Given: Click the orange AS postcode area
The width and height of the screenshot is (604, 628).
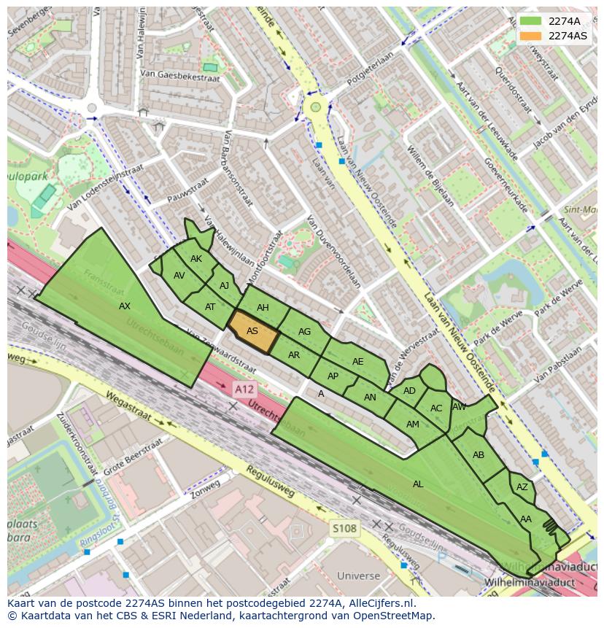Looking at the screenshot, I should click(x=253, y=331).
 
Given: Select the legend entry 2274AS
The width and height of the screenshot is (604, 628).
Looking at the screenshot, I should click(x=567, y=36).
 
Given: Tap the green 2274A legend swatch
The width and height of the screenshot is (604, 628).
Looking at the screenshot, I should click(x=530, y=21).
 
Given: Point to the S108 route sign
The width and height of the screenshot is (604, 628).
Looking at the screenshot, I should click(x=344, y=528).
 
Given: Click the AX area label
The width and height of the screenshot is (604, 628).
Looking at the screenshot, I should click(x=125, y=306).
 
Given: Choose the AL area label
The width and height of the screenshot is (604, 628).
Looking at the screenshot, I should click(x=418, y=484).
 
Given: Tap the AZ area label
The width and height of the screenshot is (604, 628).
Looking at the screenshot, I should click(x=522, y=487).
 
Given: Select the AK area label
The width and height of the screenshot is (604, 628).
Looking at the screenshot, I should click(x=196, y=259).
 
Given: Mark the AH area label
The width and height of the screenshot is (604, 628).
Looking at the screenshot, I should click(x=263, y=308).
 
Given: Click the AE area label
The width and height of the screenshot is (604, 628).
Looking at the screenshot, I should click(x=357, y=362).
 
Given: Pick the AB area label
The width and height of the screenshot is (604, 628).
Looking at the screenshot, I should click(x=479, y=455).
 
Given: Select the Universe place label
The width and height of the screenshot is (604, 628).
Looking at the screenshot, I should click(x=358, y=576).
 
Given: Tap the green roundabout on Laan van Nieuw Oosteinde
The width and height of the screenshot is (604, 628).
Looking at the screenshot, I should click(x=316, y=107).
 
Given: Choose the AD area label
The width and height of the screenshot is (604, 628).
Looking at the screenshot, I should click(x=409, y=391).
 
